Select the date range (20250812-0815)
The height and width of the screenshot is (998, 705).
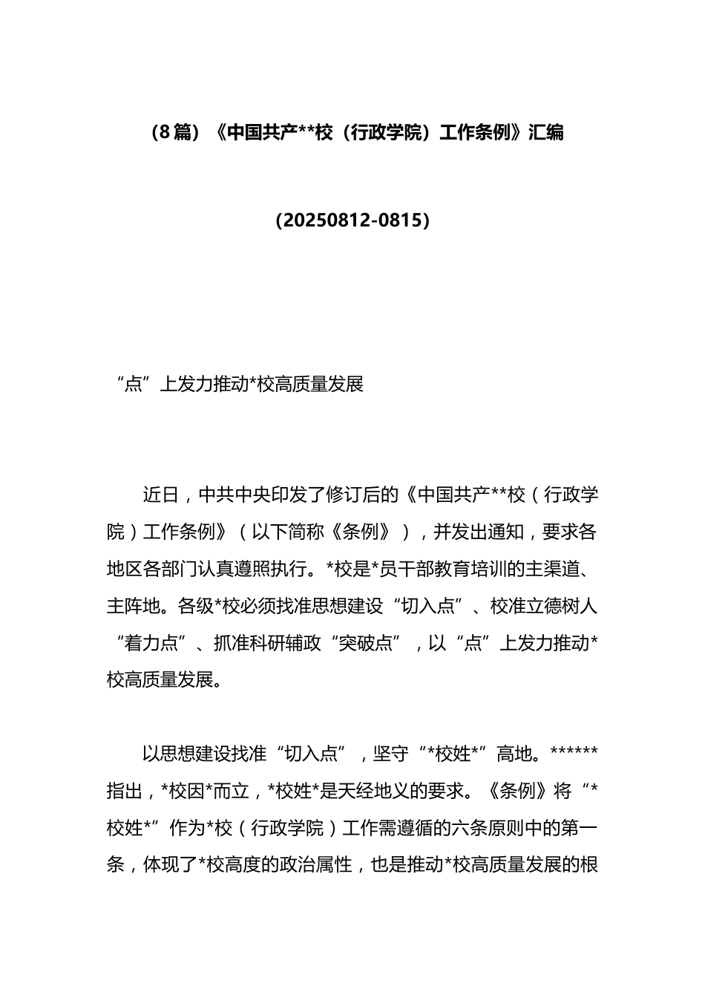point(352,221)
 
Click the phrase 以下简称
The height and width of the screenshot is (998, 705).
point(288,532)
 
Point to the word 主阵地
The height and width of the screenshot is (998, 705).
point(134,607)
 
